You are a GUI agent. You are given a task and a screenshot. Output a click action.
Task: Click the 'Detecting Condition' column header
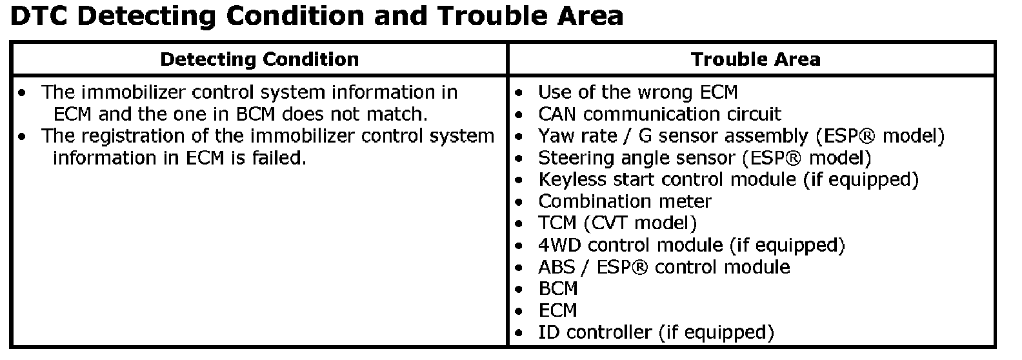259,59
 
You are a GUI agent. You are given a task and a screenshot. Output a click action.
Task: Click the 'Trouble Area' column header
756,59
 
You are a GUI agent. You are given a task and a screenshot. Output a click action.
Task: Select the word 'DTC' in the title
39,16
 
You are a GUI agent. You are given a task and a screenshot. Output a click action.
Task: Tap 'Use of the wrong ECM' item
637,92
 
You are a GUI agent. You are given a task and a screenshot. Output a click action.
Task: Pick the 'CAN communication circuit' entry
659,114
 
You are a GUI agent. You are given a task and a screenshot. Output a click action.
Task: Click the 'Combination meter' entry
625,201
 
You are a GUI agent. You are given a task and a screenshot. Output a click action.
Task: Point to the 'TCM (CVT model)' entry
617,223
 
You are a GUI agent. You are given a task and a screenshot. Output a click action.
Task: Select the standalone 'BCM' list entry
558,289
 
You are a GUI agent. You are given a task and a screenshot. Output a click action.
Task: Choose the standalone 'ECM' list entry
557,311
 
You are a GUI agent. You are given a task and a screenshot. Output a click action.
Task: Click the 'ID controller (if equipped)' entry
656,333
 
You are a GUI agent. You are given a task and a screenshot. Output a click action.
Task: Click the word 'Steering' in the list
576,159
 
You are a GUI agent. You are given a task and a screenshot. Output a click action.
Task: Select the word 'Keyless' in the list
572,180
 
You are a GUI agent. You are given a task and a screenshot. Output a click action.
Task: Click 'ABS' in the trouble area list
557,267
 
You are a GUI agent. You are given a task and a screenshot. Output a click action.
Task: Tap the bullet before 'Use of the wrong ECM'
518,93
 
